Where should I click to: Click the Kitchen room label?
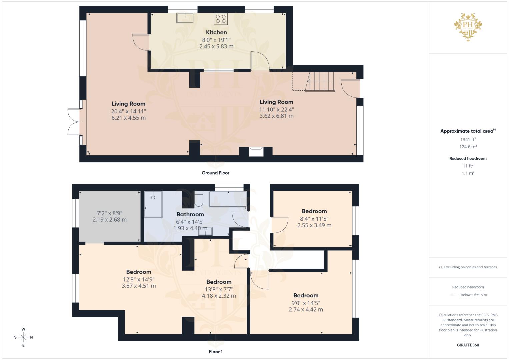pyautogui.click(x=216, y=32)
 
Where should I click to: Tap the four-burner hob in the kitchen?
pyautogui.click(x=221, y=19)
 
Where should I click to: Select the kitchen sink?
pyautogui.click(x=185, y=18)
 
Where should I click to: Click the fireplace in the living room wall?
pyautogui.click(x=256, y=152)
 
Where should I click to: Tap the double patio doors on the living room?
pyautogui.click(x=75, y=122)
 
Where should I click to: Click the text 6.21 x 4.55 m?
pyautogui.click(x=129, y=118)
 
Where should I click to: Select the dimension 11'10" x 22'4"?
pyautogui.click(x=277, y=109)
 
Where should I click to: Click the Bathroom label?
pyautogui.click(x=190, y=214)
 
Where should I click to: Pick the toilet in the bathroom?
pyautogui.click(x=199, y=199)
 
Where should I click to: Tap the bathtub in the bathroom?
pyautogui.click(x=228, y=199)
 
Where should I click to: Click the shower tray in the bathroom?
pyautogui.click(x=153, y=204)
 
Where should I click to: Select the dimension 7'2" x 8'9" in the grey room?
pyautogui.click(x=110, y=213)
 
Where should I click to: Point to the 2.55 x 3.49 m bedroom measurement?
pyautogui.click(x=314, y=225)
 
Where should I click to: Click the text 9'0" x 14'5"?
pyautogui.click(x=306, y=303)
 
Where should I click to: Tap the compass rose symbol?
pyautogui.click(x=23, y=337)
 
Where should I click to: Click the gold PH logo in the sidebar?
pyautogui.click(x=468, y=27)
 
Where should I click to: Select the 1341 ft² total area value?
pyautogui.click(x=468, y=139)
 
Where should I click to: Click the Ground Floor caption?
pyautogui.click(x=215, y=173)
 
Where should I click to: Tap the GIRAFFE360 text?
pyautogui.click(x=468, y=345)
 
